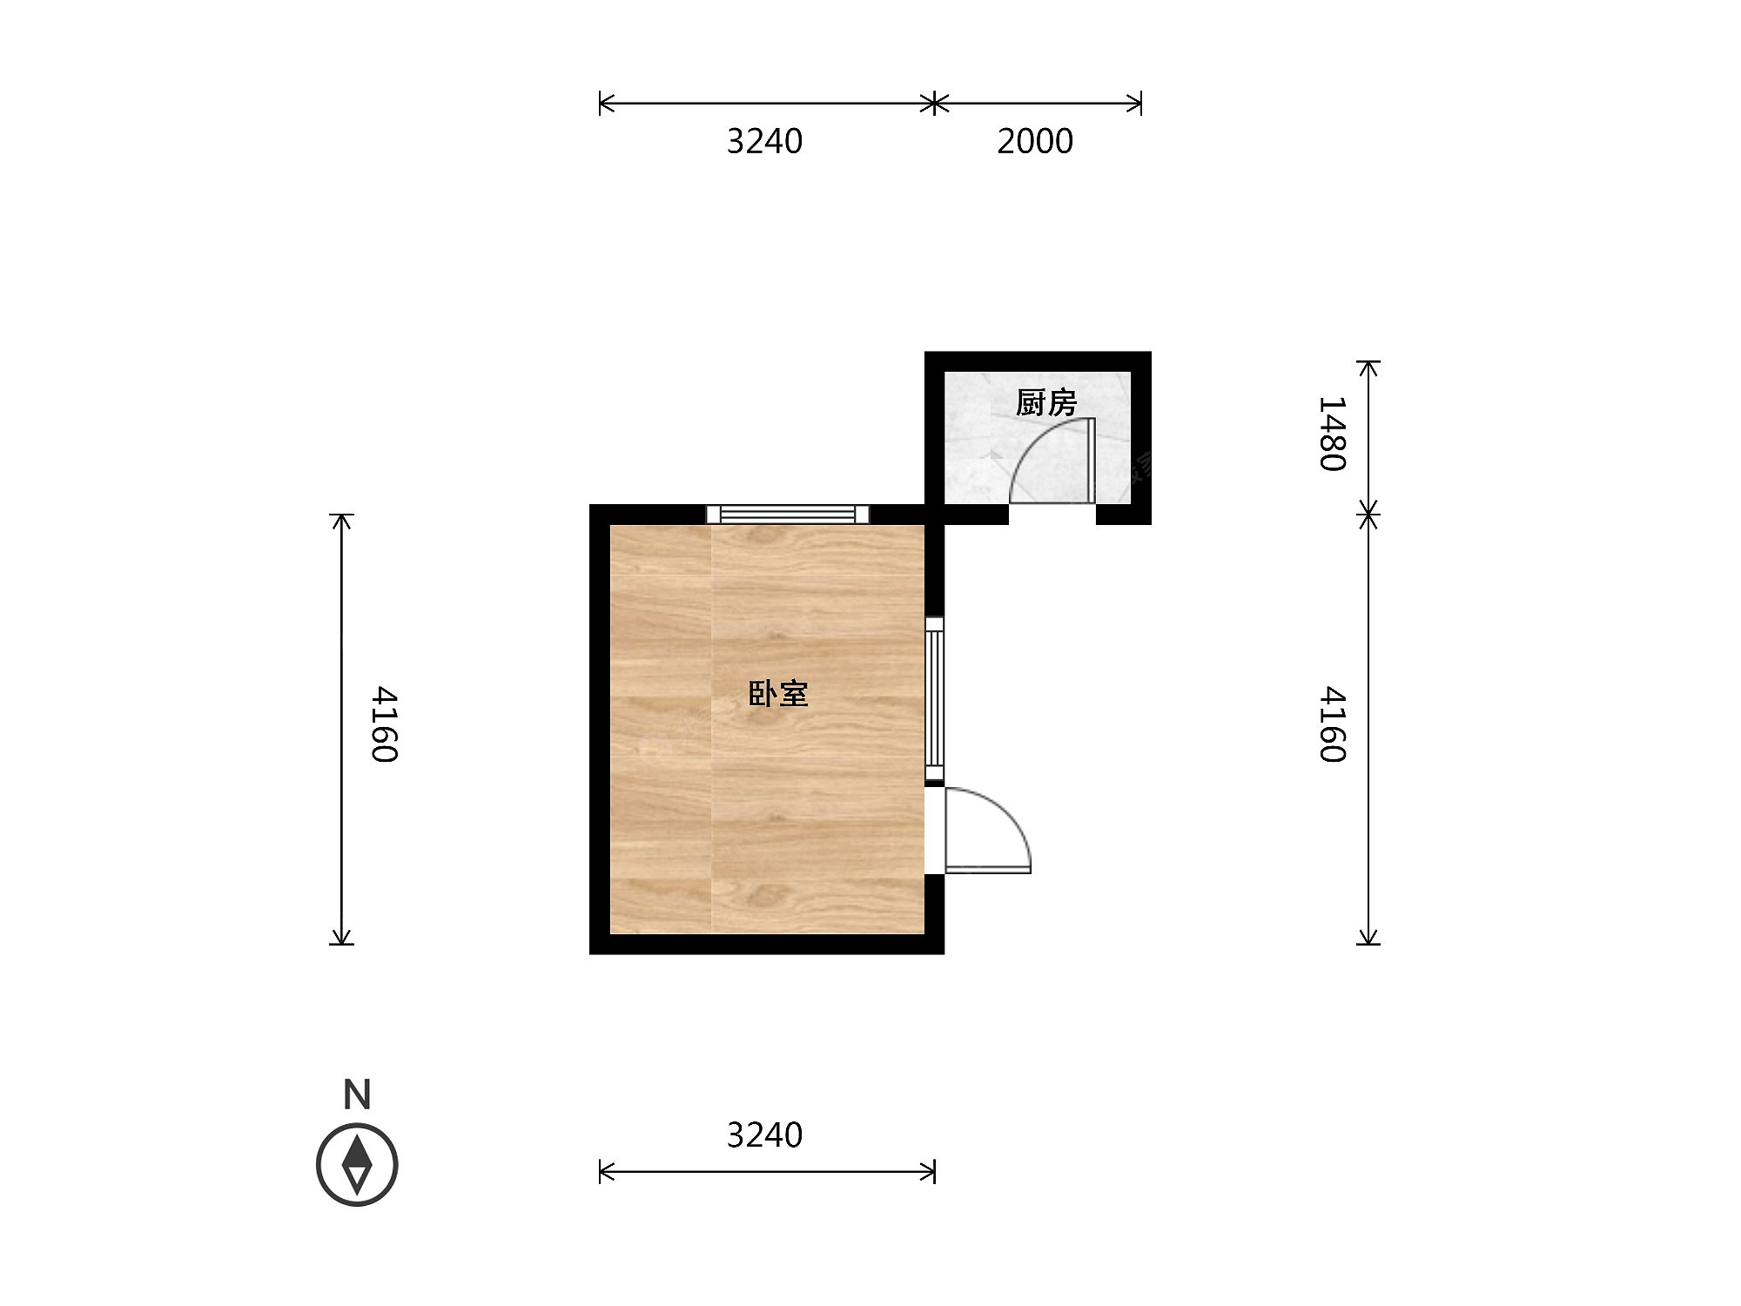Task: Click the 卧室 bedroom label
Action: [778, 693]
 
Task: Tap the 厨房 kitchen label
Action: [1046, 403]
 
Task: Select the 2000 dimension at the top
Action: [1035, 141]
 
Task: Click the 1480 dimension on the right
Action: [1333, 434]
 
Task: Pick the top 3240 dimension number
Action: [764, 141]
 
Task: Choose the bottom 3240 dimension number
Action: [764, 1135]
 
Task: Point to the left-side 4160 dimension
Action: [384, 724]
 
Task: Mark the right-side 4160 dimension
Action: [1333, 724]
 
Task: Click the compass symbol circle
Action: [357, 1165]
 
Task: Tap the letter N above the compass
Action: [357, 1094]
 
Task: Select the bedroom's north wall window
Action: [788, 514]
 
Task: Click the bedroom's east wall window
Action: [934, 698]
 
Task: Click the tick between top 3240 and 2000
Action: [934, 104]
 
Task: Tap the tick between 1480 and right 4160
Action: [1369, 514]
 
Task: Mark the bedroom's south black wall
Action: [767, 945]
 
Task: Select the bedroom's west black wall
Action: [600, 730]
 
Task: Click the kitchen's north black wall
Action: [1038, 361]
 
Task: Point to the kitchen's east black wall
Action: [1141, 438]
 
